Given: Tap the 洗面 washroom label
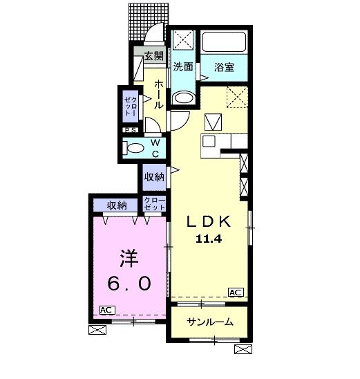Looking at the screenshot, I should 182,67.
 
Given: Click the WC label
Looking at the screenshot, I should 155,148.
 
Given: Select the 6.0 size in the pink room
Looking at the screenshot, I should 130,284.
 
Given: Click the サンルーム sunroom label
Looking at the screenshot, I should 210,322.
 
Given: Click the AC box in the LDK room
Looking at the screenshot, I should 236,292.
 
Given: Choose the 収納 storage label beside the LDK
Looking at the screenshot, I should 154,177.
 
